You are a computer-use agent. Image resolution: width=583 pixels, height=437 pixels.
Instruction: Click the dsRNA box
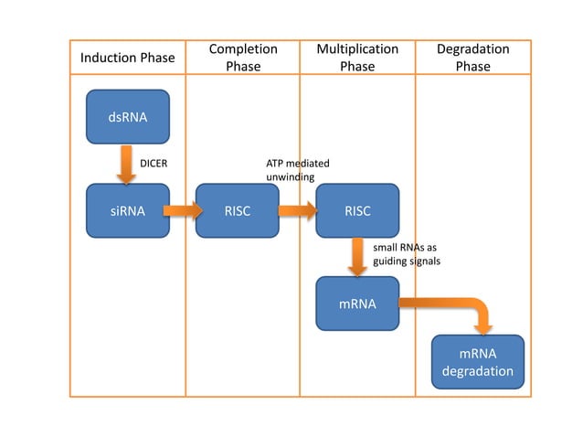[128, 117]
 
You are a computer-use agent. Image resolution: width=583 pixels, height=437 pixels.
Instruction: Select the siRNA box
[128, 211]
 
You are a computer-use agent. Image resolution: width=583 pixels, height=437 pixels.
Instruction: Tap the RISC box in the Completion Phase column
[238, 211]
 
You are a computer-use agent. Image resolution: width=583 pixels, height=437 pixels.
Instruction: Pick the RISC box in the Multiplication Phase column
[357, 211]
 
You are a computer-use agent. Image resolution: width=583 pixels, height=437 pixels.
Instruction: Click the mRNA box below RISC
[357, 304]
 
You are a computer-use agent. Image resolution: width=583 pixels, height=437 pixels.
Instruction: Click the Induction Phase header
[128, 58]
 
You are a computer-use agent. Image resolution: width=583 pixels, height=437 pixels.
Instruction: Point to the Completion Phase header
[243, 57]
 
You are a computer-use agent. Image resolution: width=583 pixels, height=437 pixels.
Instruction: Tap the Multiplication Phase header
[357, 57]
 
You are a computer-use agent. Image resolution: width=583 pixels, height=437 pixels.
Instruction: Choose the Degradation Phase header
[472, 57]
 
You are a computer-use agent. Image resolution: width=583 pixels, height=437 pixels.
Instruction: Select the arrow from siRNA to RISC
[183, 211]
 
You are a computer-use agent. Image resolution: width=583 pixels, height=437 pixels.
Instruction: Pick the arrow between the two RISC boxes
[297, 211]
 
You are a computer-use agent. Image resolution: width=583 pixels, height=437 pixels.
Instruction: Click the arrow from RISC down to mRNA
[357, 257]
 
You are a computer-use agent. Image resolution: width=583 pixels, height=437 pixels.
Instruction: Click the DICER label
[153, 164]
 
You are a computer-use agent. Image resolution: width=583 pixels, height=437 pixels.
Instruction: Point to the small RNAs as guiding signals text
[407, 253]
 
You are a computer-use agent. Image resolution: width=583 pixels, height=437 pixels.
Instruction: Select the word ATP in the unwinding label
[274, 164]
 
